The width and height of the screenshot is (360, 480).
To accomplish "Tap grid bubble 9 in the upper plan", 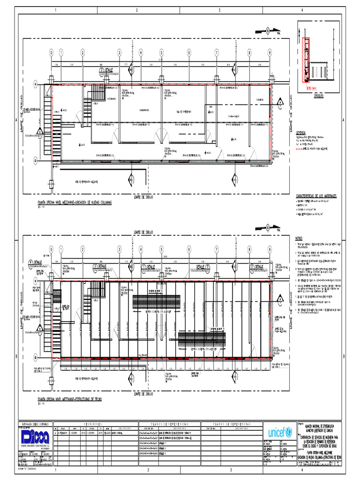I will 270,52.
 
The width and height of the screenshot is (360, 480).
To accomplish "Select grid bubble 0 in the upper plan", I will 51,52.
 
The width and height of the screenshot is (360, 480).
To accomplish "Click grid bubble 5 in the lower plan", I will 161,249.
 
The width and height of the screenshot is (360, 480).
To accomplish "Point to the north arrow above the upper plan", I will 267,31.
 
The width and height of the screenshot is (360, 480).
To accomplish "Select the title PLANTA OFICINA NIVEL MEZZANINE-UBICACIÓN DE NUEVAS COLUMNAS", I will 75,202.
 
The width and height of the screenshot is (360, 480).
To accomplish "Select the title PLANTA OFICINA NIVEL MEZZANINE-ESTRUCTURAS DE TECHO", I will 69,399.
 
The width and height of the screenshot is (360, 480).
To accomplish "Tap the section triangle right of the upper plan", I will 280,103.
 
